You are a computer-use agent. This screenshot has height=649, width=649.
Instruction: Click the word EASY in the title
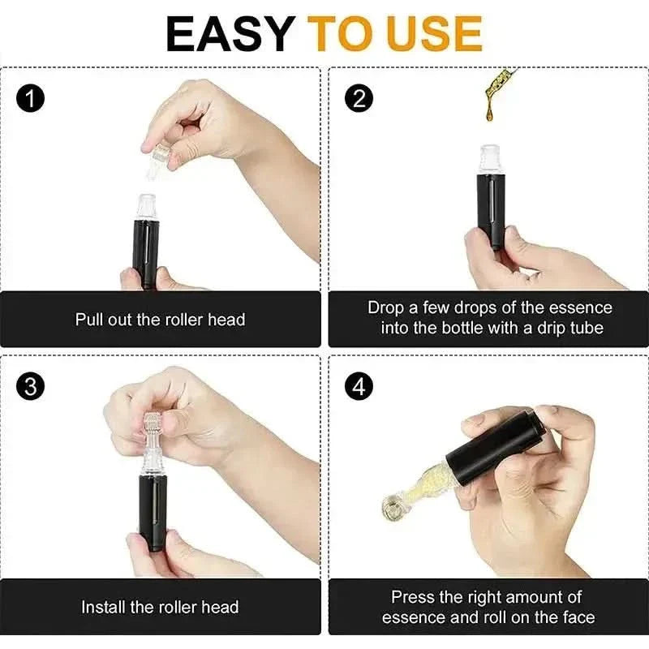pos(230,33)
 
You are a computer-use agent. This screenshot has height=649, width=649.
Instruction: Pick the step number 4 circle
pos(358,386)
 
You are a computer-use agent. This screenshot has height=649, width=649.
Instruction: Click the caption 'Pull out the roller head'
pos(160,320)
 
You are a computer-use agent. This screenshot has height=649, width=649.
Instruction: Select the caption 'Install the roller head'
pos(160,607)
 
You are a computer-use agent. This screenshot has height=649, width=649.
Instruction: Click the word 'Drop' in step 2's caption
pos(386,308)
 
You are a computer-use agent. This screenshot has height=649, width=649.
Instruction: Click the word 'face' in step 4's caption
pos(576,617)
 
